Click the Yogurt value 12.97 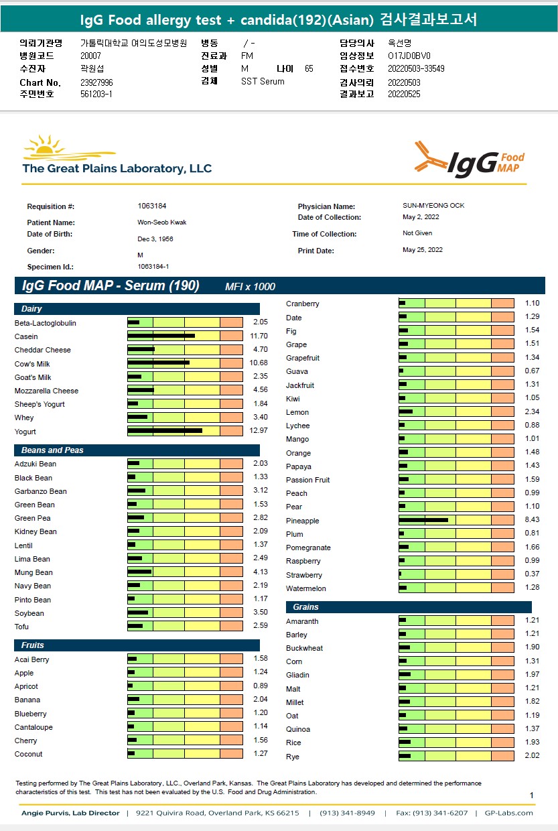tap(258, 430)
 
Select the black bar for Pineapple tap(423, 520)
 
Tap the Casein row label tap(26, 336)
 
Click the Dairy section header tap(31, 309)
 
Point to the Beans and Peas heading tap(52, 450)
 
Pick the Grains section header tap(305, 607)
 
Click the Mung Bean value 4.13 tap(260, 572)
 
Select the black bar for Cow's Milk tap(158, 363)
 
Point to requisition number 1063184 tap(152, 206)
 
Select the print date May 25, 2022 tap(423, 250)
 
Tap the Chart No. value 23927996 tap(96, 82)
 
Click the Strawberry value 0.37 tap(532, 574)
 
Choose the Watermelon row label tap(306, 588)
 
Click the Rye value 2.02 tap(532, 755)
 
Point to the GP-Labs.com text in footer tap(508, 813)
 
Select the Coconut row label tap(28, 754)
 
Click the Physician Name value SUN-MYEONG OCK tap(433, 205)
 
